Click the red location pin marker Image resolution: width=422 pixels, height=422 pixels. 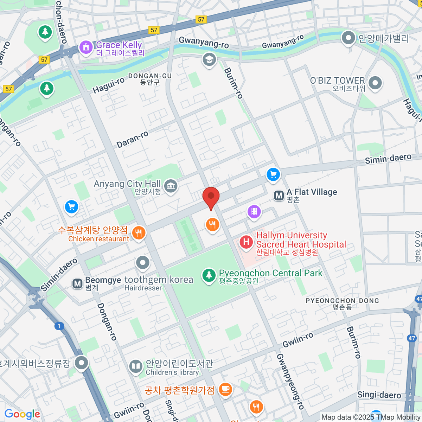pyautogui.click(x=211, y=197)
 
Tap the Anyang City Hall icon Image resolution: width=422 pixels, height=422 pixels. pyautogui.click(x=171, y=186)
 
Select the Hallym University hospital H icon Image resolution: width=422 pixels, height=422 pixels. pyautogui.click(x=246, y=242)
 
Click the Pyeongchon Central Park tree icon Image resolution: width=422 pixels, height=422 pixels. pyautogui.click(x=209, y=275)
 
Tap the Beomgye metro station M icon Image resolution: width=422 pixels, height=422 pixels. pyautogui.click(x=77, y=283)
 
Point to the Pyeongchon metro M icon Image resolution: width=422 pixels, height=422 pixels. pyautogui.click(x=279, y=196)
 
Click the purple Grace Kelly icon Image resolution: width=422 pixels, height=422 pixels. pyautogui.click(x=86, y=47)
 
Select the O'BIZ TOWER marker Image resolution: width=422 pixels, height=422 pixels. pyautogui.click(x=375, y=83)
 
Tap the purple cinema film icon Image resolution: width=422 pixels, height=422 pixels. pyautogui.click(x=254, y=212)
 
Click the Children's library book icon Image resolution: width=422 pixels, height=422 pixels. pyautogui.click(x=135, y=366)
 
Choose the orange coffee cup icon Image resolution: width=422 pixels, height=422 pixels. pyautogui.click(x=225, y=389)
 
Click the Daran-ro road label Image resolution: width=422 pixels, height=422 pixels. pyautogui.click(x=132, y=139)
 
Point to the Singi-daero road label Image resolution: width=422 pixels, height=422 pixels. pyautogui.click(x=379, y=395)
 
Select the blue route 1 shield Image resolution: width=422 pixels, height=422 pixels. pyautogui.click(x=59, y=326)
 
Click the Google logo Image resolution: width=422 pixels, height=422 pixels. pyautogui.click(x=22, y=414)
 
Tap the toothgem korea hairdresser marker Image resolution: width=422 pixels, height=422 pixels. pyautogui.click(x=142, y=263)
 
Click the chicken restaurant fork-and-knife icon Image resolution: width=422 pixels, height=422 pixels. pyautogui.click(x=139, y=233)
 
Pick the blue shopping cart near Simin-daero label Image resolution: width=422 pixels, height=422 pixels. pyautogui.click(x=273, y=174)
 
